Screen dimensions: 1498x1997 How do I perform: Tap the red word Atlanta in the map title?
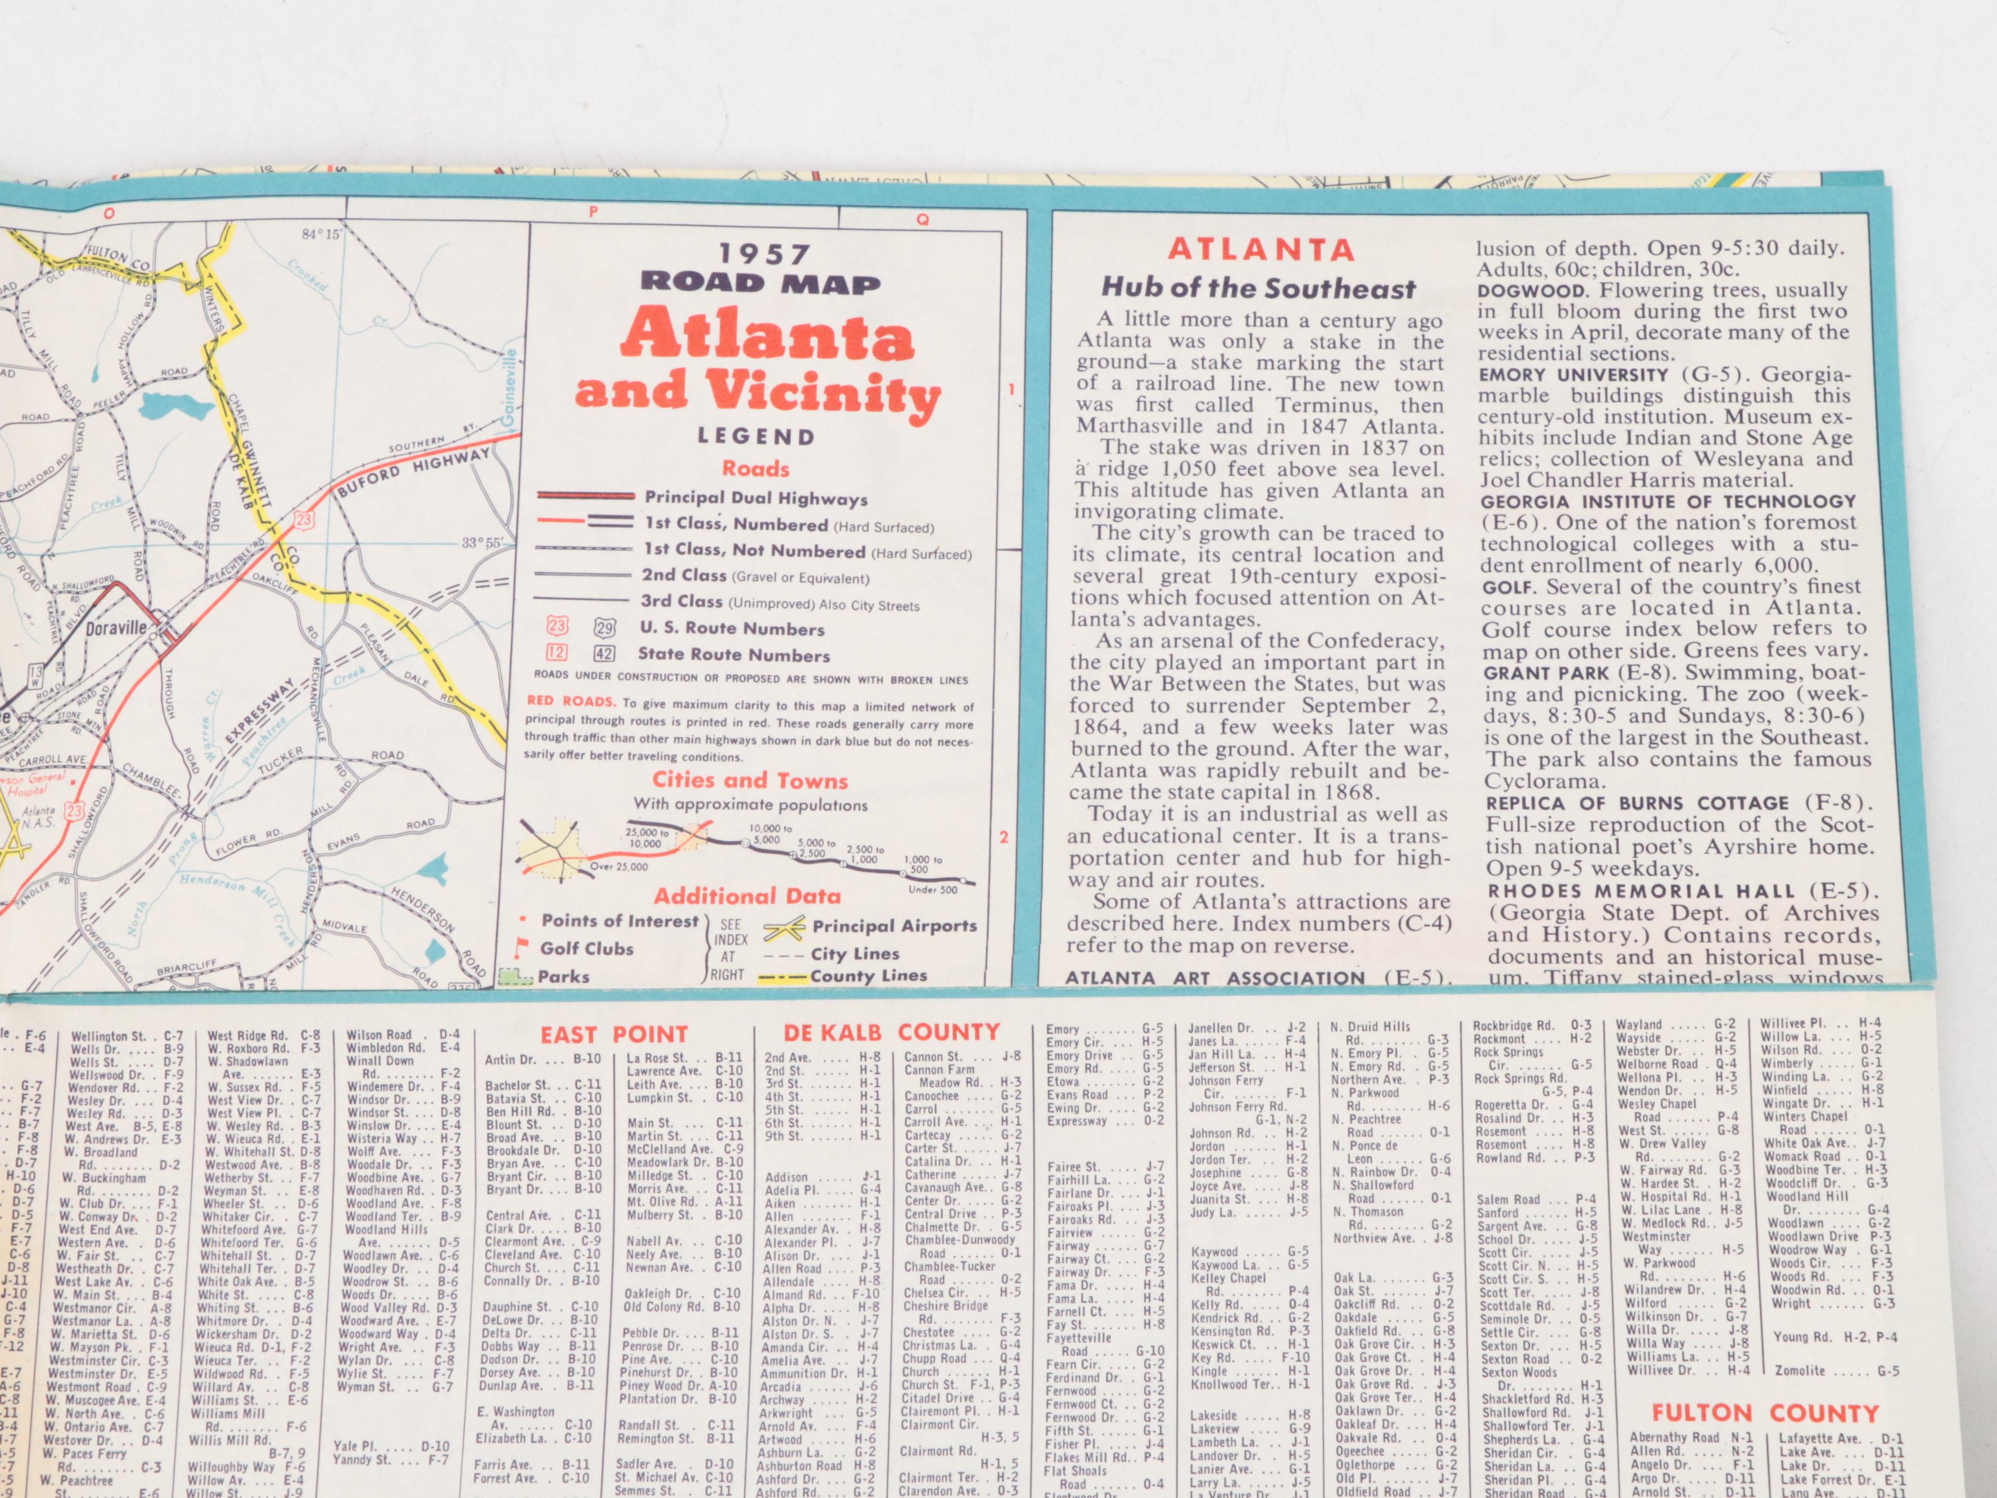(x=766, y=334)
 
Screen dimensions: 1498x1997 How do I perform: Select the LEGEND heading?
(x=757, y=437)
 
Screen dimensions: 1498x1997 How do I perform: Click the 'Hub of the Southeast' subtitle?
(x=1258, y=289)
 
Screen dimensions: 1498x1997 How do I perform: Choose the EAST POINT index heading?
(x=614, y=1034)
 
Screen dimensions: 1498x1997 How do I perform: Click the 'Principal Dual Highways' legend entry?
(x=756, y=498)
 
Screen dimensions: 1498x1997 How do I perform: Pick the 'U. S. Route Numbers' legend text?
(x=732, y=629)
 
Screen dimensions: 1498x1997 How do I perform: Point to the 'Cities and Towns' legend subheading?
(x=750, y=780)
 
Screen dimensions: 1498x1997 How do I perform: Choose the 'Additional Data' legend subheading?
(x=748, y=896)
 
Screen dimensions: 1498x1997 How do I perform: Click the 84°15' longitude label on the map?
(x=322, y=234)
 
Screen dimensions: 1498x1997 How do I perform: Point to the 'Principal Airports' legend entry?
(x=894, y=927)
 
